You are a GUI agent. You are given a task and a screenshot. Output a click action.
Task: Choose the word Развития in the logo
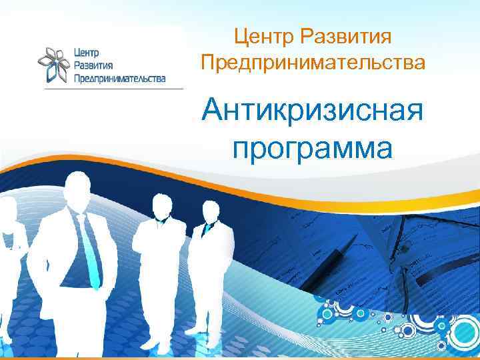93,65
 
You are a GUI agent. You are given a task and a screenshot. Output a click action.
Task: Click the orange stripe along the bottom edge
240,357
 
